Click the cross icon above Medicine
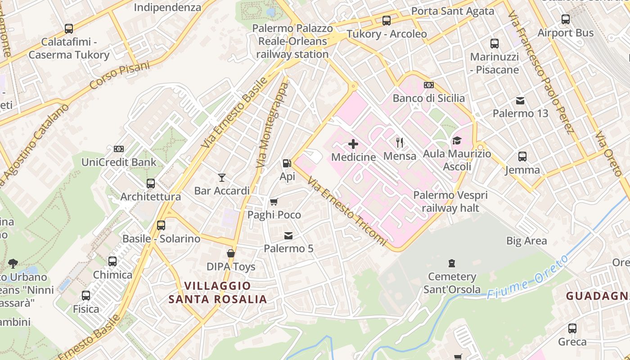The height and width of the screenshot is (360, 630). coord(353,144)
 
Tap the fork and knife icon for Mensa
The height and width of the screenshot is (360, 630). coord(400,143)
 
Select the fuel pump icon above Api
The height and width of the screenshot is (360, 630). coord(287,163)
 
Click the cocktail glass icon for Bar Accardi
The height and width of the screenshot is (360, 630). coord(221,178)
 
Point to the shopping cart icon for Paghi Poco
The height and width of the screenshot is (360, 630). coord(274,202)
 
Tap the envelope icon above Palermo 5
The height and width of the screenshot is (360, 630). coord(288,235)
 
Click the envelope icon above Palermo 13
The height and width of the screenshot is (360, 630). coord(520,100)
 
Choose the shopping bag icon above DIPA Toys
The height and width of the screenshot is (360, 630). coord(231,254)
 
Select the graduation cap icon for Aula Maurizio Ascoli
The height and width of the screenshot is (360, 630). coord(457,140)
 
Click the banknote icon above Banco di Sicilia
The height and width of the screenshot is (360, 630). coord(429,85)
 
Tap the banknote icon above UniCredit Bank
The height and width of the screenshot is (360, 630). coord(119,149)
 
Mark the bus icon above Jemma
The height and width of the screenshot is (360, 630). coord(522,157)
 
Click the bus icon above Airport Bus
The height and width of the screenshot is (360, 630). coord(566,20)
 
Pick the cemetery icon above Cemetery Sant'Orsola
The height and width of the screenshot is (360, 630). coord(452,263)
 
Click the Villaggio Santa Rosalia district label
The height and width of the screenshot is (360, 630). coord(218,292)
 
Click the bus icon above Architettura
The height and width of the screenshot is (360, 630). coord(151,184)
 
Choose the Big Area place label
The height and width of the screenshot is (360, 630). coord(526,241)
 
